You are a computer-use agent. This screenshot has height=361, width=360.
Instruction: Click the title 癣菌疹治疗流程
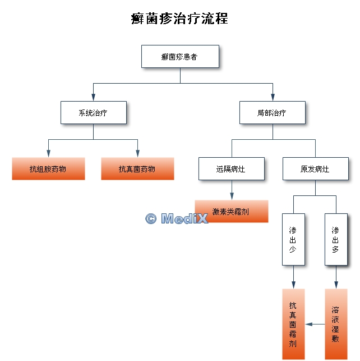click(x=179, y=19)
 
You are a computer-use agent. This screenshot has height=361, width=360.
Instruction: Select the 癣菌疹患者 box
click(x=180, y=57)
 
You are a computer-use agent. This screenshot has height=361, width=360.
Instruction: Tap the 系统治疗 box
click(x=93, y=112)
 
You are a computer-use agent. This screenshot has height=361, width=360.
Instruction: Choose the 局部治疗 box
click(x=273, y=112)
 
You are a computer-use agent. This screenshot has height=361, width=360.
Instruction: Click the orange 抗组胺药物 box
click(x=48, y=168)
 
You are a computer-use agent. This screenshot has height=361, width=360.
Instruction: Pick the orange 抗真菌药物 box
click(x=137, y=168)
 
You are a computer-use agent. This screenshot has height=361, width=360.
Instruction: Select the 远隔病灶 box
click(x=231, y=168)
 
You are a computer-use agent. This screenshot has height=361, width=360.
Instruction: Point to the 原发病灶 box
click(x=315, y=168)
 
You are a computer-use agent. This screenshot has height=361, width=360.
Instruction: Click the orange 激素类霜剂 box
click(x=231, y=212)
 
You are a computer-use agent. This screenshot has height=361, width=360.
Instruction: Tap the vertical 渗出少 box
click(x=293, y=239)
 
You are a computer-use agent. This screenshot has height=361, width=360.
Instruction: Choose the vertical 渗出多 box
click(x=336, y=239)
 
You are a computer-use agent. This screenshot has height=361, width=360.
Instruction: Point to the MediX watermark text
click(x=177, y=218)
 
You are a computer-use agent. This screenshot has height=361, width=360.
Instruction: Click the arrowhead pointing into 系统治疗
click(x=93, y=97)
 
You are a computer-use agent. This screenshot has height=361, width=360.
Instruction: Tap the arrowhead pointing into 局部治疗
click(x=273, y=97)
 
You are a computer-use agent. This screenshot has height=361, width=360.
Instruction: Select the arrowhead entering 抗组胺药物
click(x=48, y=153)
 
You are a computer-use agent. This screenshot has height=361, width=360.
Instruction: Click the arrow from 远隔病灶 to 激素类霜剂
click(x=231, y=191)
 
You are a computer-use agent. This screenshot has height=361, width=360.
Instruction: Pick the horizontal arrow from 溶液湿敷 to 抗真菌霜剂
click(x=315, y=325)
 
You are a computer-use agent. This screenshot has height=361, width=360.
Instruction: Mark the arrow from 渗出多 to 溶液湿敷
click(x=336, y=278)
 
